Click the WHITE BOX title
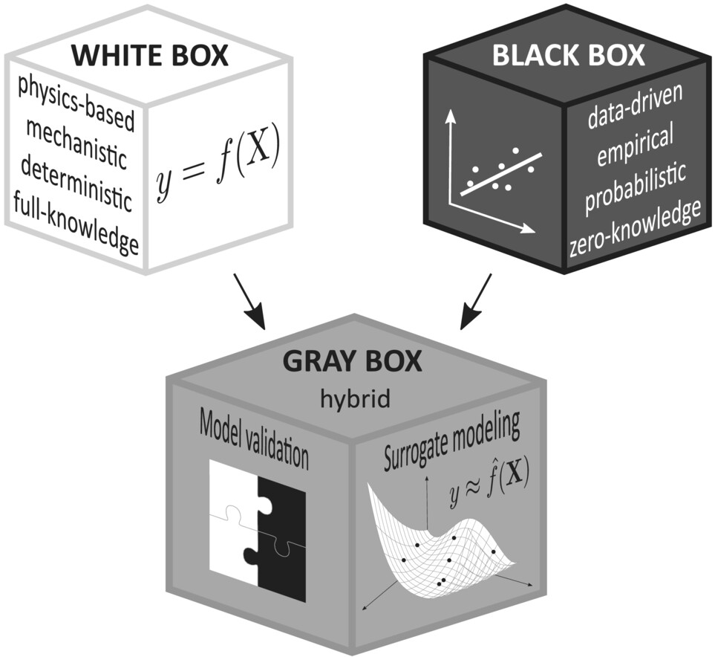(x=150, y=56)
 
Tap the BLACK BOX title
(x=569, y=56)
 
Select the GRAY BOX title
(x=352, y=362)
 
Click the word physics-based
(x=76, y=104)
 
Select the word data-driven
(x=636, y=106)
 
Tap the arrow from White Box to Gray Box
(x=249, y=301)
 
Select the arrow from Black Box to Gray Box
(x=476, y=301)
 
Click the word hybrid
(x=355, y=400)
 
